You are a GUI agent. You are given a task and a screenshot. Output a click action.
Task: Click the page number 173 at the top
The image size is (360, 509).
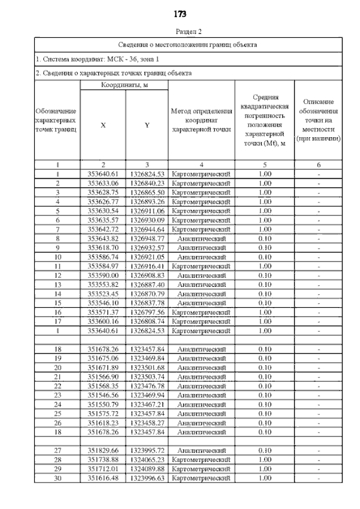[180, 14]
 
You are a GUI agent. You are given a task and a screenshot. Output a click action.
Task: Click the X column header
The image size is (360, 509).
[102, 125]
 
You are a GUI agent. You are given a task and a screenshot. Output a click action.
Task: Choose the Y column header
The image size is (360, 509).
[146, 125]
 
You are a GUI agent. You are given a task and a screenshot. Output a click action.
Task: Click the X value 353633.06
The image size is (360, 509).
[102, 183]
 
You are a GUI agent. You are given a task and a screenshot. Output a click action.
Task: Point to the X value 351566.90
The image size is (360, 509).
[102, 376]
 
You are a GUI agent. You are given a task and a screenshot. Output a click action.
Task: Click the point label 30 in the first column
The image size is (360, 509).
[57, 478]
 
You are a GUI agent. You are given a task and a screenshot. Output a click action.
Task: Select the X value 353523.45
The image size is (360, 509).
[102, 294]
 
